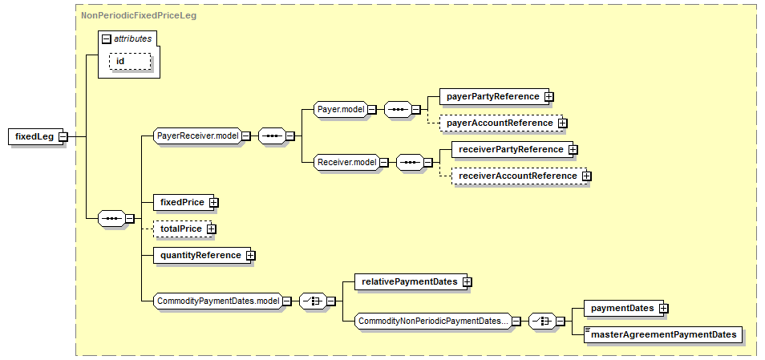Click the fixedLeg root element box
click(34, 136)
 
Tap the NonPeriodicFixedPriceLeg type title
click(139, 14)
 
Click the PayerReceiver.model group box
click(197, 136)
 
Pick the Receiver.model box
click(346, 162)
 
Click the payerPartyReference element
click(492, 96)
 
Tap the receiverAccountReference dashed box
click(516, 176)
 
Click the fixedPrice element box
click(181, 202)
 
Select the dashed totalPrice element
click(180, 229)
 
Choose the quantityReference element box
click(200, 255)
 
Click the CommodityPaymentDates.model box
click(217, 301)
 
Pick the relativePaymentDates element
click(409, 281)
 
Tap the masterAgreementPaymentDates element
click(663, 334)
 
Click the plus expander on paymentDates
click(664, 308)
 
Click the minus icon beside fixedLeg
click(63, 136)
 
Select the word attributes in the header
click(132, 38)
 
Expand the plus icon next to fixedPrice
click(214, 202)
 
